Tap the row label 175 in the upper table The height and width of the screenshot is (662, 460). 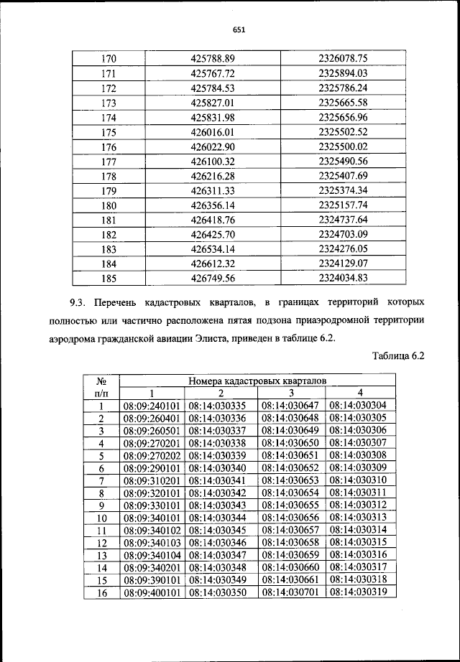click(109, 132)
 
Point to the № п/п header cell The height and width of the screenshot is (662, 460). click(101, 387)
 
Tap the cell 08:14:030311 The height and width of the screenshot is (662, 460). click(357, 493)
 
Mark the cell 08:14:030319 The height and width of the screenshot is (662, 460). click(357, 593)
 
